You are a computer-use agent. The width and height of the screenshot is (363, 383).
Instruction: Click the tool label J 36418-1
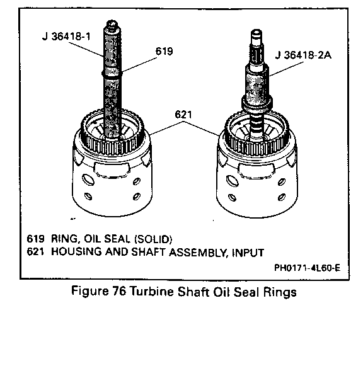(66, 37)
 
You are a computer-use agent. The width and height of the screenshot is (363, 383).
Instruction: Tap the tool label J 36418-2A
(303, 55)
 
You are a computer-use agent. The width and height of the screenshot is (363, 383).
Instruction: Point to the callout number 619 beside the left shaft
(164, 51)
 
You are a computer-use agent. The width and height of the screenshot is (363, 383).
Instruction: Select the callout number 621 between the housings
(183, 115)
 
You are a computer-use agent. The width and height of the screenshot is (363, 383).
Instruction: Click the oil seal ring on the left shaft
(112, 74)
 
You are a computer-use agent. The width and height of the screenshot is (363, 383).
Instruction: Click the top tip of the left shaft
(112, 21)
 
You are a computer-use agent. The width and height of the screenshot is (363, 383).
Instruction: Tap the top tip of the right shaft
(256, 30)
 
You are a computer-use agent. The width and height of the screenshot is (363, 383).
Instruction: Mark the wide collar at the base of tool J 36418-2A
(256, 103)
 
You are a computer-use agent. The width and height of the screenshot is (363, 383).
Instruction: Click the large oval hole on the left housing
(88, 180)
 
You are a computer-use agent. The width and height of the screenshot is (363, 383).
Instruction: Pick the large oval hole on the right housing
(232, 181)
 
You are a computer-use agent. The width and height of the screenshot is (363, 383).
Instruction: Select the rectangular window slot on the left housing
(112, 169)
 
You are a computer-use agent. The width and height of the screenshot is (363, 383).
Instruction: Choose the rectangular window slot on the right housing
(256, 170)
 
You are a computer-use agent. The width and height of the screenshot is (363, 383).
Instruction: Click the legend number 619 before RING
(36, 239)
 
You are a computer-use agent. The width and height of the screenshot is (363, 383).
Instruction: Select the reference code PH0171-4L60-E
(307, 268)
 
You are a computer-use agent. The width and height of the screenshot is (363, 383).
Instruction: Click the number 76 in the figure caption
(119, 291)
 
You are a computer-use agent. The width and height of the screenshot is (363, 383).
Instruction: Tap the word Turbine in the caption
(151, 291)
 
